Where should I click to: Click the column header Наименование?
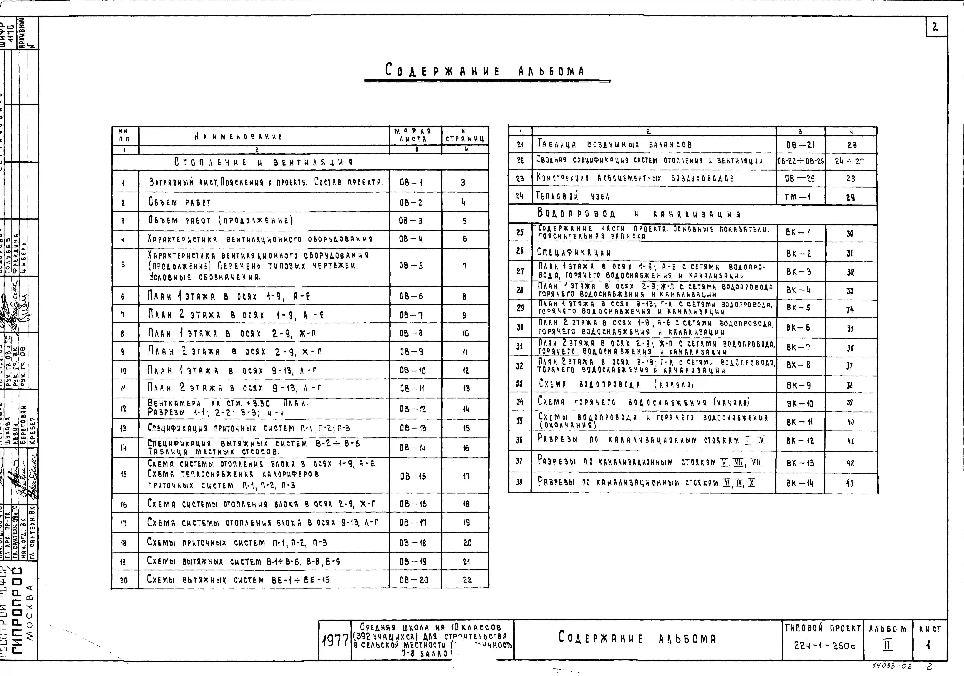[238, 136]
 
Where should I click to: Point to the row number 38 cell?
[520, 482]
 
